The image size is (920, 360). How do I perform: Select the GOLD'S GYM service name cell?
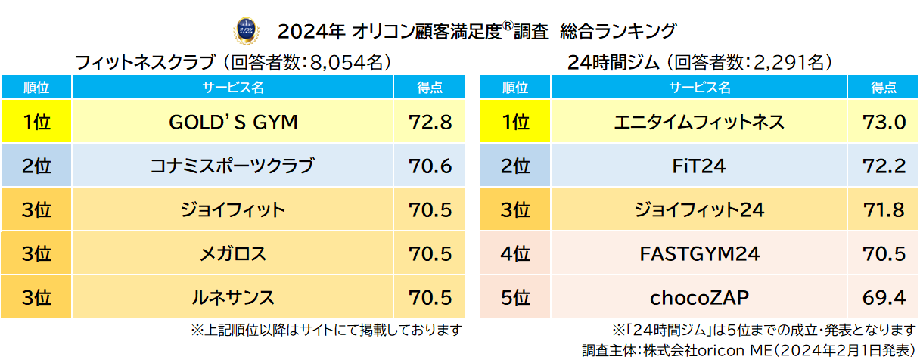pyautogui.click(x=233, y=122)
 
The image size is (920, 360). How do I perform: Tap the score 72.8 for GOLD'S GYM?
pyautogui.click(x=430, y=122)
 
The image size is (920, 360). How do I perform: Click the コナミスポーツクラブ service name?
pyautogui.click(x=233, y=166)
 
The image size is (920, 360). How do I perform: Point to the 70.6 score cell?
pyautogui.click(x=430, y=166)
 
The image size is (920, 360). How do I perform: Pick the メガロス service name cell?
pyautogui.click(x=233, y=253)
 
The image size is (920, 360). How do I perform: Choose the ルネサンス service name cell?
pyautogui.click(x=233, y=297)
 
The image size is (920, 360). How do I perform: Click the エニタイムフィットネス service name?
pyautogui.click(x=699, y=122)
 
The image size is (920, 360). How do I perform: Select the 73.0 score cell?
pyautogui.click(x=884, y=122)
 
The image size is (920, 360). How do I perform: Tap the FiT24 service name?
pyautogui.click(x=699, y=166)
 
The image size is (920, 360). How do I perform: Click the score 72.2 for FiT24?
pyautogui.click(x=884, y=166)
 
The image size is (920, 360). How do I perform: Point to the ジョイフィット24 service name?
pyautogui.click(x=699, y=209)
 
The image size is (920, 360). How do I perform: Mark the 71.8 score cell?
pyautogui.click(x=884, y=209)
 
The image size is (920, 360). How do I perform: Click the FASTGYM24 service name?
pyautogui.click(x=699, y=253)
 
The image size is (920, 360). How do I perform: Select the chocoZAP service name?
pyautogui.click(x=699, y=297)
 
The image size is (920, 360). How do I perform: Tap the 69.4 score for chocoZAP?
pyautogui.click(x=884, y=297)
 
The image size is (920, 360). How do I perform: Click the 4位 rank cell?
pyautogui.click(x=515, y=253)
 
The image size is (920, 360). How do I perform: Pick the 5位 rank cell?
pyautogui.click(x=515, y=297)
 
